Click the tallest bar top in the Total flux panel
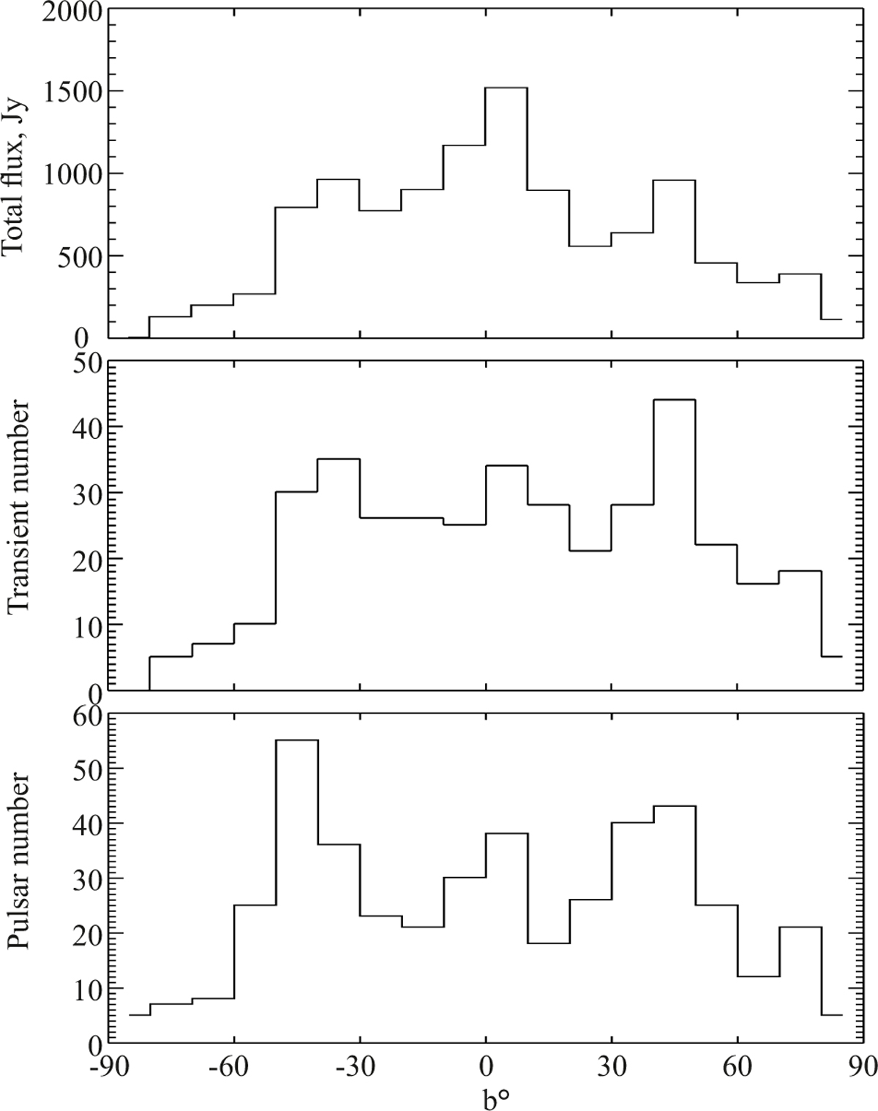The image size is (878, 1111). pos(506,88)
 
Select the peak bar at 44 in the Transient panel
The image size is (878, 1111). pos(674,400)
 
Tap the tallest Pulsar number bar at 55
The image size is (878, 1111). pos(297,741)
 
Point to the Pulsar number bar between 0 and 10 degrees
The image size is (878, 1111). pos(506,834)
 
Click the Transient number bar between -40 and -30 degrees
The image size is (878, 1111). pos(338,459)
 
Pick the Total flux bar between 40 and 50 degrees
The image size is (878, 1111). pos(674,180)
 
